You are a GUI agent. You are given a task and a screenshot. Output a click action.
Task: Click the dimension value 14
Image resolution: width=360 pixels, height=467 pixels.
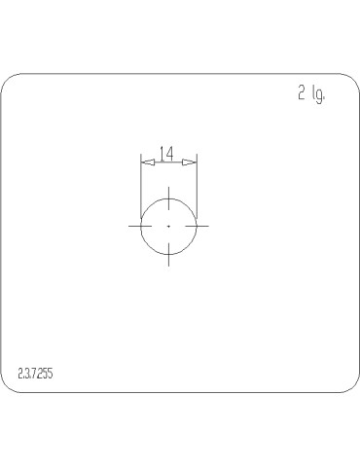pos(166,153)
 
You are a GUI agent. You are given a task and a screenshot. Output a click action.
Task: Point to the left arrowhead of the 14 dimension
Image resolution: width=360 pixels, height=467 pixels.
pos(145,162)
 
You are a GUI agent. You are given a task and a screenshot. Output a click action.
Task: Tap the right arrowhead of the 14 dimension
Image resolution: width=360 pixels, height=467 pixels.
pos(193,162)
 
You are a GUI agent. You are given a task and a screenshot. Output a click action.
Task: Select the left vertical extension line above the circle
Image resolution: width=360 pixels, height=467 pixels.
pos(141,180)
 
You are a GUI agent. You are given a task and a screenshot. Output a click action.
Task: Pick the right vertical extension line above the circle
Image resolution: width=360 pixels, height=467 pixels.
pos(198,180)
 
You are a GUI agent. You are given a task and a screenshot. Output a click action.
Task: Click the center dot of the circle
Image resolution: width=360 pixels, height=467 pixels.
pos(169,226)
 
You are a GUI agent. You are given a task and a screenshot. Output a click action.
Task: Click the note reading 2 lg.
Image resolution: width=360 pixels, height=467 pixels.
pos(310,94)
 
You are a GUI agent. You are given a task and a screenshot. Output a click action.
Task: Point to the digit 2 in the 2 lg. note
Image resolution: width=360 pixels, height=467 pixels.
pos(302,93)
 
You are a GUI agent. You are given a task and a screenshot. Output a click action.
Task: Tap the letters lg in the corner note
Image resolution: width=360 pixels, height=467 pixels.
pos(317,95)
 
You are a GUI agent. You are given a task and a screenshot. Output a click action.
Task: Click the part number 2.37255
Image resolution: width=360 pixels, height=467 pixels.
pos(37,373)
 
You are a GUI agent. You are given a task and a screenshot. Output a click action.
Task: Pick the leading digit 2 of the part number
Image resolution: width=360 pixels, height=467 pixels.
pos(20,373)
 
